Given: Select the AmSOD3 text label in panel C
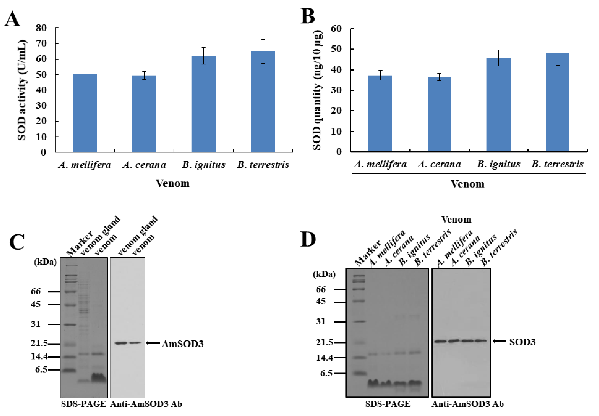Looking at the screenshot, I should [183, 344].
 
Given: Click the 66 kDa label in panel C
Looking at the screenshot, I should [36, 291].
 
